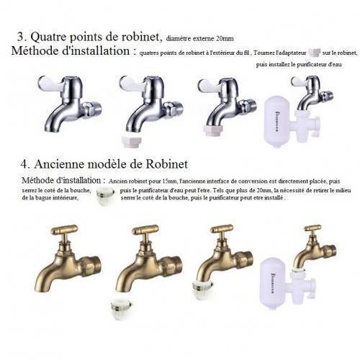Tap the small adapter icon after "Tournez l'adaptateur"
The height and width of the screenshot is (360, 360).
(x=313, y=53)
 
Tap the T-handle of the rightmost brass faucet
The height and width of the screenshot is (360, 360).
(x=312, y=229)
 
